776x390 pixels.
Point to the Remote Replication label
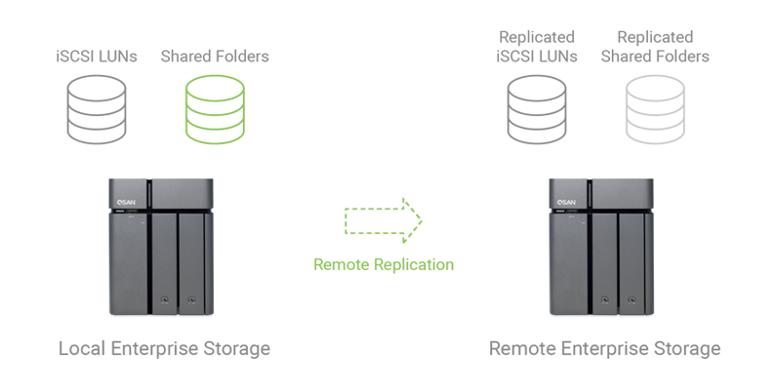[384, 264]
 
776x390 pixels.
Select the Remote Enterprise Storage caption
[605, 348]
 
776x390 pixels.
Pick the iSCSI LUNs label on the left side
[96, 57]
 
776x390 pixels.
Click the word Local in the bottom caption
[81, 348]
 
